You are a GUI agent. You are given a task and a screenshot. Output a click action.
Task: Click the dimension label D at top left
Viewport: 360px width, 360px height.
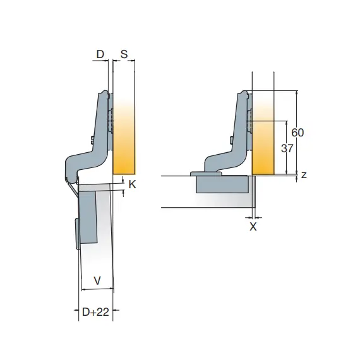click(x=100, y=54)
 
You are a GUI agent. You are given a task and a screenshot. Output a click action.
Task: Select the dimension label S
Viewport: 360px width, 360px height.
click(x=124, y=54)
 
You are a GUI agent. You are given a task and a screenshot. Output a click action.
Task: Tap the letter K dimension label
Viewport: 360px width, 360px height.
click(x=132, y=184)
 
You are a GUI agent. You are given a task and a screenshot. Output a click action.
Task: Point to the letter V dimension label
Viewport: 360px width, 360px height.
click(x=97, y=280)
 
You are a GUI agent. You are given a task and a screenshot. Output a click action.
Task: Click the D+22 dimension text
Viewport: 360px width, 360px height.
click(x=95, y=312)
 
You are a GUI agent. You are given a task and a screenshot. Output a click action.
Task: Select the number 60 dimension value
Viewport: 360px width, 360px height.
click(x=297, y=133)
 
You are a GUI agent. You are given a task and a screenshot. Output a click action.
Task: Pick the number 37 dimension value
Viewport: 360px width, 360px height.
click(x=287, y=148)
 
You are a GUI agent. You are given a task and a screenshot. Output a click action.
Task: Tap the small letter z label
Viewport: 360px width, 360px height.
click(x=304, y=175)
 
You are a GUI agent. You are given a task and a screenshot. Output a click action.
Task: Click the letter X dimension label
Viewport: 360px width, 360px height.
click(x=253, y=227)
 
